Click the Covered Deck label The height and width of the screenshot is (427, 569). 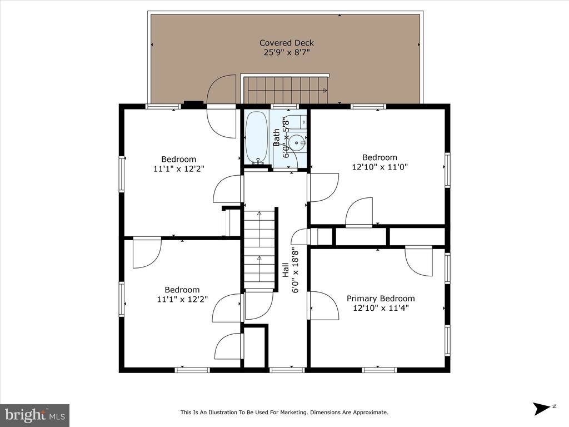(286, 43)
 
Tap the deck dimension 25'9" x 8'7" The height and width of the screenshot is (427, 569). (286, 53)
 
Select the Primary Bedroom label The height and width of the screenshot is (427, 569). (380, 299)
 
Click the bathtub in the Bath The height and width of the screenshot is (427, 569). (257, 137)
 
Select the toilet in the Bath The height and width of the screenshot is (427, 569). (298, 121)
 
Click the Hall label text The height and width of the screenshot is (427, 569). (285, 270)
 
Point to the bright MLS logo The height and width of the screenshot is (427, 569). (34, 415)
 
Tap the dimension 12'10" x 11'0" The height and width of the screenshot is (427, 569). (380, 167)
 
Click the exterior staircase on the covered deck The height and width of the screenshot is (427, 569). (286, 91)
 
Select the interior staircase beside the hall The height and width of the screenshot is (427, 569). (259, 247)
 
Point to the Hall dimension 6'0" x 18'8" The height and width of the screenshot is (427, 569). (295, 270)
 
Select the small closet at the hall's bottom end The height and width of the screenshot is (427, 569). (255, 347)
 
